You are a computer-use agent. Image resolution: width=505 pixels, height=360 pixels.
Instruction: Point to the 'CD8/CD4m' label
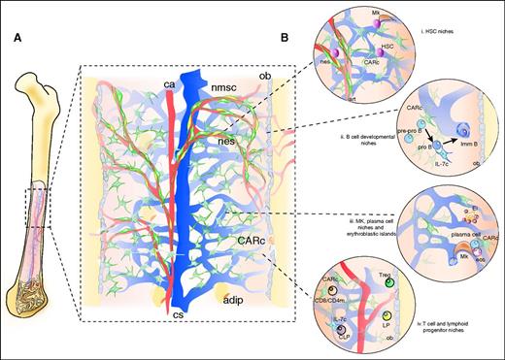tap(335, 297)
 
